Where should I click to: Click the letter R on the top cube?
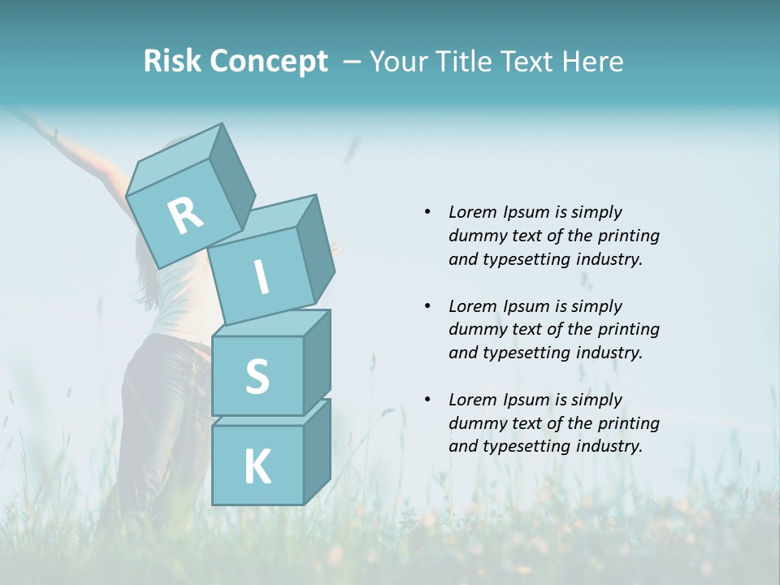[x=185, y=216]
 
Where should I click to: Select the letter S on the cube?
[x=257, y=376]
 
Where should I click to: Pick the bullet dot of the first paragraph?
[x=427, y=212]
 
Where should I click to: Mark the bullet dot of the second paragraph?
[x=427, y=306]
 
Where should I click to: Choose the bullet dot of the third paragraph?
[x=427, y=400]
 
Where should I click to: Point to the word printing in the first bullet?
[x=627, y=236]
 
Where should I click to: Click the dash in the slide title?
[x=353, y=62]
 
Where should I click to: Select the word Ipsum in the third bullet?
[x=525, y=400]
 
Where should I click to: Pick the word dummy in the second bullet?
[x=475, y=329]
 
